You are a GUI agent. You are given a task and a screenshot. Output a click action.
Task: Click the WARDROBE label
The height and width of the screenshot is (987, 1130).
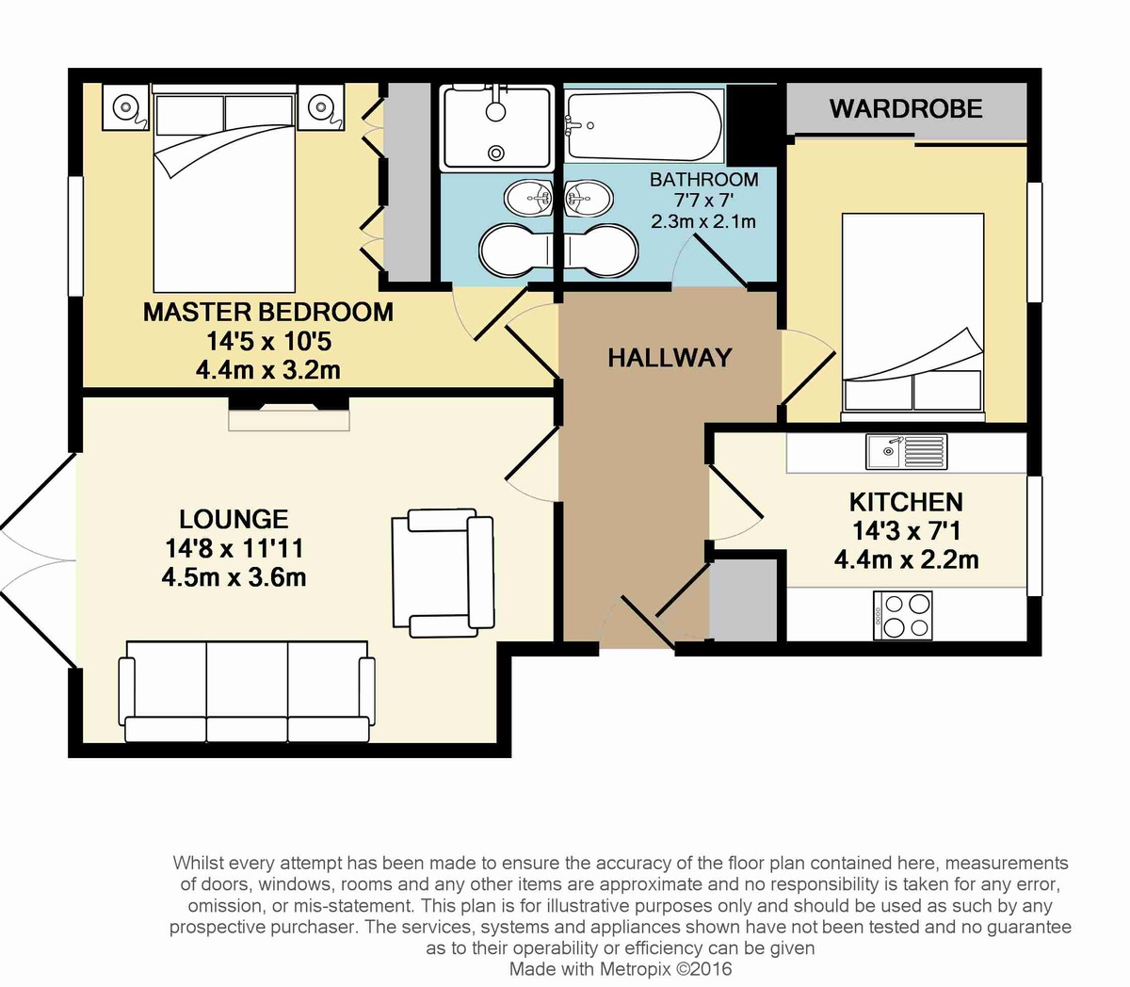[906, 108]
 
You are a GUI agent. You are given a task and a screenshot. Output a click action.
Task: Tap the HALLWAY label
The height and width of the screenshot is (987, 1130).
[670, 358]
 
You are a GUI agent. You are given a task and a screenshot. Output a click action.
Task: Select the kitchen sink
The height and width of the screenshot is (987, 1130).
[906, 452]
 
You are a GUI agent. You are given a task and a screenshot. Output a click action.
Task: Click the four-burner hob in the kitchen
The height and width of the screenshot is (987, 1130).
[902, 616]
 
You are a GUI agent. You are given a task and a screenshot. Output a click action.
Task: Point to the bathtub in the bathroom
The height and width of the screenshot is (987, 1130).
[644, 127]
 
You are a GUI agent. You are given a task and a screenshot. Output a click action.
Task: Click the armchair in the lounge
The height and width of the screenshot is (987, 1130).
[443, 573]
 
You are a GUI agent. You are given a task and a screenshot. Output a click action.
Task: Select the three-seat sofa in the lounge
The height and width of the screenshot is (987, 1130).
[247, 691]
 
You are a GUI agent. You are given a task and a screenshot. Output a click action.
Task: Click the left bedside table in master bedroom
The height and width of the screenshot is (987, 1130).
[125, 106]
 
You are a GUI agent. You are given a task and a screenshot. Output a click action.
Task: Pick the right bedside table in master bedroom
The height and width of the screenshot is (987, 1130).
[320, 106]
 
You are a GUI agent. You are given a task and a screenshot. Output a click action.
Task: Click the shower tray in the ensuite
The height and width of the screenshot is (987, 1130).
[497, 127]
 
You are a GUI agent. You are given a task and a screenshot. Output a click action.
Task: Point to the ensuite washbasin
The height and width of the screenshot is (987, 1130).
[528, 199]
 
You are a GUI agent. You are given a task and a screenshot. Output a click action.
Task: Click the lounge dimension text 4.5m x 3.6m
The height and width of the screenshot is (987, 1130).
[234, 577]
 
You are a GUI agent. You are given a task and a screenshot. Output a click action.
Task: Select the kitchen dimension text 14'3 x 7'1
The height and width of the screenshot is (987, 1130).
[906, 531]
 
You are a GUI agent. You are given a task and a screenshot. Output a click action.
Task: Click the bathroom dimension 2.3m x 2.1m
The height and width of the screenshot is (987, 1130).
[703, 221]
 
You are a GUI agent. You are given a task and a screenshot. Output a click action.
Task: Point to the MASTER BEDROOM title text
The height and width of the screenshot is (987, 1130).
[267, 312]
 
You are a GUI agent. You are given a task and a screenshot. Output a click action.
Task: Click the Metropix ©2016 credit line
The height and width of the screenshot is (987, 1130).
[621, 968]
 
